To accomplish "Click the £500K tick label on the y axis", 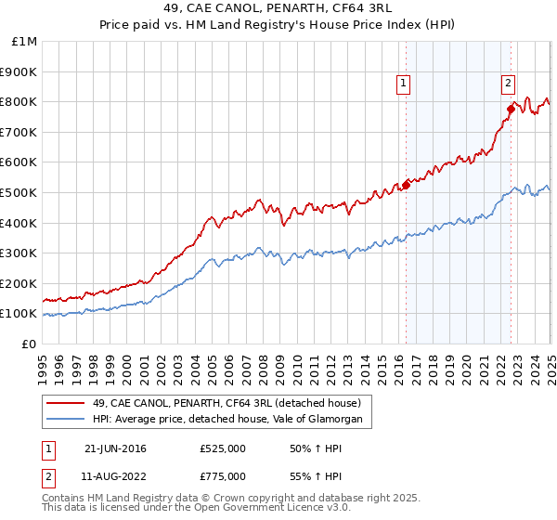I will click(19, 192).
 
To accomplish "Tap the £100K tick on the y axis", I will click(19, 314).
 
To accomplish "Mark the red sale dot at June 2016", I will click(406, 185).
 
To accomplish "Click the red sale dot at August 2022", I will click(510, 109).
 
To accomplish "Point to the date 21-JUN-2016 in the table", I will click(115, 448).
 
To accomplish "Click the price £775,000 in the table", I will click(223, 476).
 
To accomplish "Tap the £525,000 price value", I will click(223, 448).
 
